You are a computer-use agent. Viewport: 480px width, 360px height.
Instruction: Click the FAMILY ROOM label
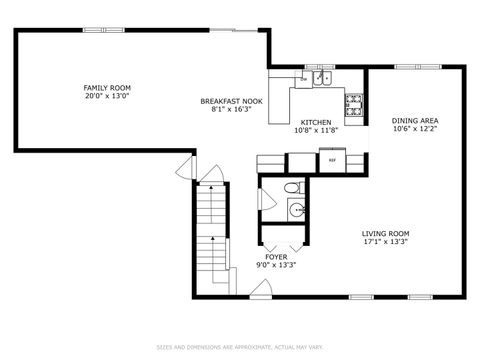click(106, 88)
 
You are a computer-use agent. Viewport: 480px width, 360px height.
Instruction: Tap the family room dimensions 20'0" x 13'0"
click(106, 97)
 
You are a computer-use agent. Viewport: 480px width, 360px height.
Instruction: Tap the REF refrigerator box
click(331, 158)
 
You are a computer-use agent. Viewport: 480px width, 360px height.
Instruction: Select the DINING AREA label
click(415, 121)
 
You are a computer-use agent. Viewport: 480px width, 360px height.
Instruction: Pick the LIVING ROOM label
click(385, 233)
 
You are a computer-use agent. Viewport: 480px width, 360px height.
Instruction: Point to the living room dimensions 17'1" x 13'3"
click(385, 242)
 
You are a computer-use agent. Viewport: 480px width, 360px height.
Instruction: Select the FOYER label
click(276, 256)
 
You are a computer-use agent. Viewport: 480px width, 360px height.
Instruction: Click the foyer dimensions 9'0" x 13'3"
click(276, 265)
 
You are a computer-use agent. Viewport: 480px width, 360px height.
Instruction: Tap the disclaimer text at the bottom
click(239, 347)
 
